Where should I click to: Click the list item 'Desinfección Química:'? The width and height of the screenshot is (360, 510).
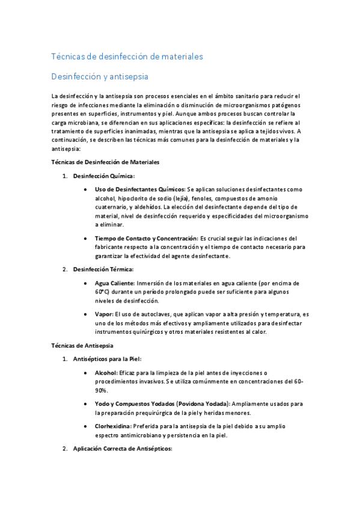103,176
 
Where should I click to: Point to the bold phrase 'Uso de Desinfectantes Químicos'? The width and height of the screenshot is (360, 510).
139,189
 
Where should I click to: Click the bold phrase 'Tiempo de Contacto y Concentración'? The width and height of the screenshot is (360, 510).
146,238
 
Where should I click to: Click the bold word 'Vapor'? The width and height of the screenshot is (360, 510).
103,314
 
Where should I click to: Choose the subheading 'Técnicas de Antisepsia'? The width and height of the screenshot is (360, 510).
79,346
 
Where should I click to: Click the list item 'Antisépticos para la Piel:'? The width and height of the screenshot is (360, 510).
106,359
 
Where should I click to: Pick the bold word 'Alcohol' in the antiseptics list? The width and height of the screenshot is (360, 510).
106,373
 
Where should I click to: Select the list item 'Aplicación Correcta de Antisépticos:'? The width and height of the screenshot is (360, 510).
122,449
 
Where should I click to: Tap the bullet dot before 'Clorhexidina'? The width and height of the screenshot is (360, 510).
88,426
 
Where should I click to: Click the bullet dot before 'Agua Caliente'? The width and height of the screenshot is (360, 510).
88,283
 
